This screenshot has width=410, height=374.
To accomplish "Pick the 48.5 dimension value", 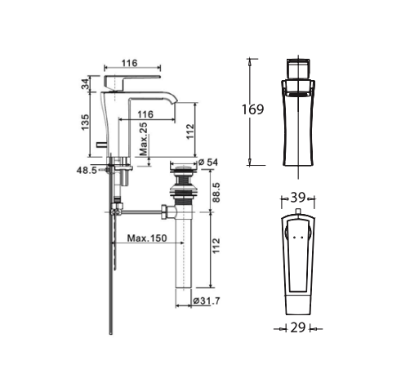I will tap(87, 171).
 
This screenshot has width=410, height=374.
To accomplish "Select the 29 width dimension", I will tap(297, 327).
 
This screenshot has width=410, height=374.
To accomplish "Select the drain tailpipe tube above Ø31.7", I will tap(182, 261).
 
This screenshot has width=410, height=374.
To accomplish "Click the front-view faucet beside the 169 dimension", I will tap(298, 114).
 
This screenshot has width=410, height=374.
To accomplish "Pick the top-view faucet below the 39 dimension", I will tap(297, 261).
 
